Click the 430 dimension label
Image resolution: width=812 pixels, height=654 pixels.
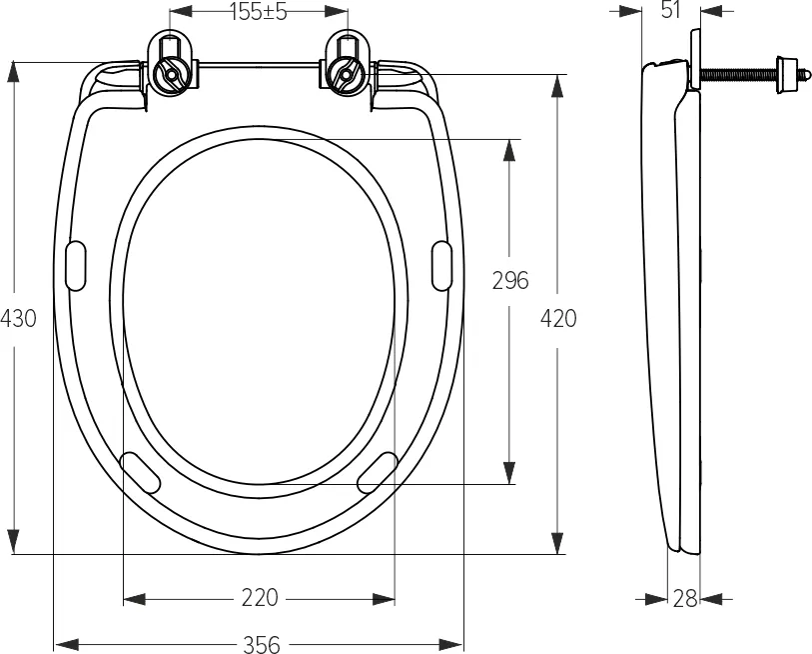[x=18, y=318]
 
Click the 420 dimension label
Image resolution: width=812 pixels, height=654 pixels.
[x=558, y=318]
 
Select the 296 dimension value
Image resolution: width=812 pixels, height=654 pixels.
[x=510, y=281]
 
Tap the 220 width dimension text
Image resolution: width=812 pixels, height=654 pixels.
[x=260, y=598]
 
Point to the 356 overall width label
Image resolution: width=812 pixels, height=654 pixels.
[x=262, y=644]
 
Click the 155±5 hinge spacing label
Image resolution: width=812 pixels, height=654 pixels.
[x=259, y=12]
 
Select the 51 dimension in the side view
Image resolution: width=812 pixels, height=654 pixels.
[x=670, y=10]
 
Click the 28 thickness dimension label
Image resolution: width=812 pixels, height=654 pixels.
[x=685, y=599]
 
